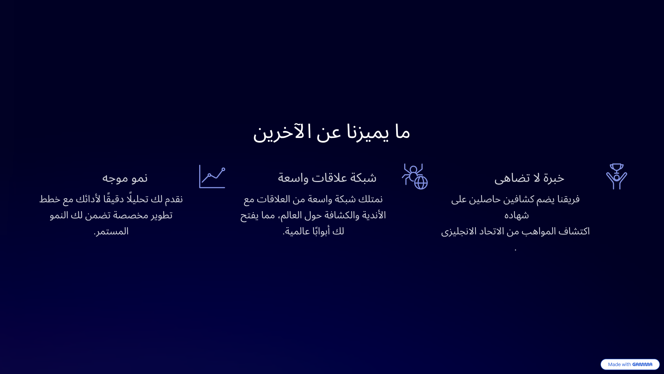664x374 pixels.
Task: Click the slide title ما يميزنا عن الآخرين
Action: pos(331,132)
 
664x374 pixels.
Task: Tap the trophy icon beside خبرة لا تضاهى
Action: pos(616,176)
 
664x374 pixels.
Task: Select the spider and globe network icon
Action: pos(414,176)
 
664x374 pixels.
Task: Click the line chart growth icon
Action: pos(212,176)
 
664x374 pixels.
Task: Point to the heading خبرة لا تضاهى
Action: pos(529,178)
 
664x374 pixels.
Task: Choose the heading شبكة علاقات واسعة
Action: pos(327,178)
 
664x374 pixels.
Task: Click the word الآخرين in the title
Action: pos(279,132)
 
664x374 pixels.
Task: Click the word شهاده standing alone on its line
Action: pos(516,215)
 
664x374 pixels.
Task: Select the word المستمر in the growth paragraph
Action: pos(112,231)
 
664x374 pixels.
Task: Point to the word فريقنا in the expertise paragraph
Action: pos(568,199)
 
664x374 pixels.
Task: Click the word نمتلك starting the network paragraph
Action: pos(370,199)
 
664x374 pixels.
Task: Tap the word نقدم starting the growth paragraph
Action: pos(174,199)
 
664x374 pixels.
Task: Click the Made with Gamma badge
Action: pos(630,364)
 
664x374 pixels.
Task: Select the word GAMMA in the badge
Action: pos(642,364)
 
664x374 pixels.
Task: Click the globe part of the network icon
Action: pos(421,183)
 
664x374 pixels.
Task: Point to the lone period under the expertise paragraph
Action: pos(515,250)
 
